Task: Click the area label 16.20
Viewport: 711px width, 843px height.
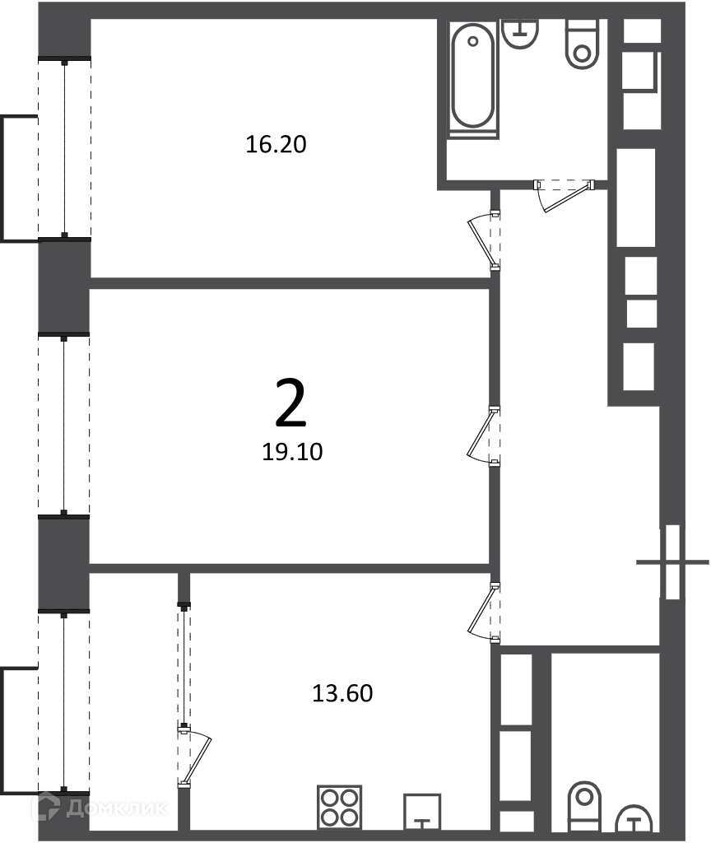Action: [x=276, y=144]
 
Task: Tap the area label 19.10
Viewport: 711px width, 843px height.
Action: [x=292, y=452]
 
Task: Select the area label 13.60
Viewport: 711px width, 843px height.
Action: [x=342, y=693]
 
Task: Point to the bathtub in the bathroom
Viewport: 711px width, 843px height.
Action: [x=473, y=79]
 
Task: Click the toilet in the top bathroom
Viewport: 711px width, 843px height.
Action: [x=582, y=44]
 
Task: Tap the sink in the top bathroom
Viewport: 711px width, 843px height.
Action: [x=520, y=33]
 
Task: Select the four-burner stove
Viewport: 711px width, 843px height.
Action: [x=339, y=807]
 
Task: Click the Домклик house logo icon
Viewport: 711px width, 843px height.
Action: [x=45, y=807]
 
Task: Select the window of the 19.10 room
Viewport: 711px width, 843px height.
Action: [x=64, y=425]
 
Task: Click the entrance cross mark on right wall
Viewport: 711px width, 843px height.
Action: [x=672, y=562]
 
